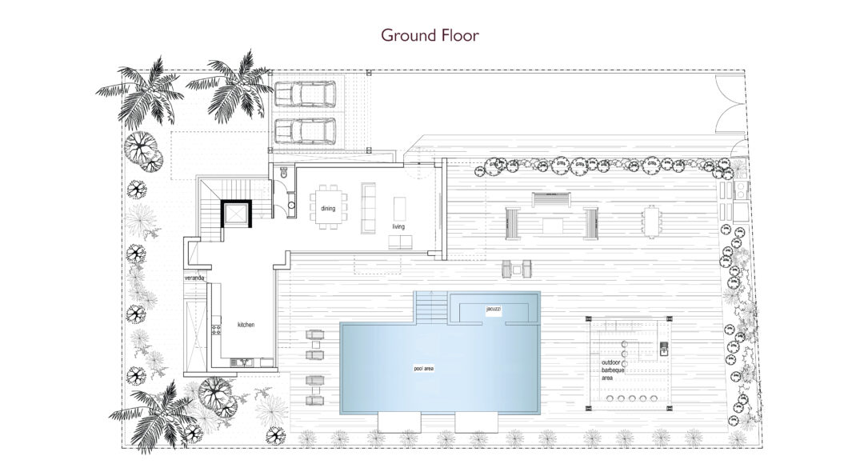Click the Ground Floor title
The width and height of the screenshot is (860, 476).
coord(430,35)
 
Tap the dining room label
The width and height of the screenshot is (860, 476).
coord(328,208)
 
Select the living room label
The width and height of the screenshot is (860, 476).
coord(398,226)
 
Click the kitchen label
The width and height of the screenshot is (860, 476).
coord(246,325)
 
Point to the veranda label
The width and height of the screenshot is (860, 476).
coord(194,278)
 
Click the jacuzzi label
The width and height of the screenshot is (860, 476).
coord(494,310)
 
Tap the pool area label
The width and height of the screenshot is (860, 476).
coord(423,369)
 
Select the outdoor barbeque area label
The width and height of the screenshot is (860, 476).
coord(614,370)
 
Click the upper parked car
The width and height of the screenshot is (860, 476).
coord(305,94)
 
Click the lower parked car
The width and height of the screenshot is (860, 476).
coord(305,131)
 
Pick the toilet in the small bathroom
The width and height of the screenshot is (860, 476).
coord(283,172)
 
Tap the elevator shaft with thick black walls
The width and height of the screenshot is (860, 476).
coord(236,214)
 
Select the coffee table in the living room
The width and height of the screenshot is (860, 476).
coord(399,209)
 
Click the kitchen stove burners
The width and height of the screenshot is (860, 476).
coord(215,330)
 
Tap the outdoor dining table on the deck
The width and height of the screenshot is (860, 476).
coord(651,222)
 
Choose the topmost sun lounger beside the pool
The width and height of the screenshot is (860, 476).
coord(315,334)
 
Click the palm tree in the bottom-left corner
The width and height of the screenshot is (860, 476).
coord(154,417)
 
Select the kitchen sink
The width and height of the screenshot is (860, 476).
coord(242,362)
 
